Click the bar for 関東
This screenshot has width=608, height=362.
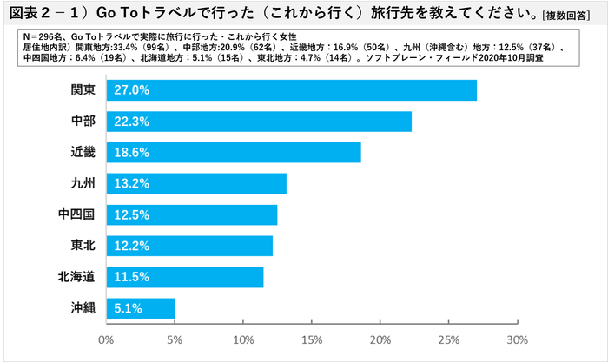(x=291, y=89)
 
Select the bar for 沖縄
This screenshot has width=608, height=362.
(x=141, y=308)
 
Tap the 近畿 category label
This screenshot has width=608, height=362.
(x=83, y=152)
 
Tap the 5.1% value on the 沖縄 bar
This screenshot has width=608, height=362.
(x=125, y=308)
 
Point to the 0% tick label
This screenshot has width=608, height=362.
(x=106, y=339)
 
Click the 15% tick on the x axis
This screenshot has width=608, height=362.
(x=312, y=339)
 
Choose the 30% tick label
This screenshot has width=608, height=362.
(x=517, y=339)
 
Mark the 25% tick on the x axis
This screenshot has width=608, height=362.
(x=448, y=339)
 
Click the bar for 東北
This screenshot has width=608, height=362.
(x=189, y=246)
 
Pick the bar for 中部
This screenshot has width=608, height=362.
(x=259, y=121)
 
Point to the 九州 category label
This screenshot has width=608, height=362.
(x=83, y=183)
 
